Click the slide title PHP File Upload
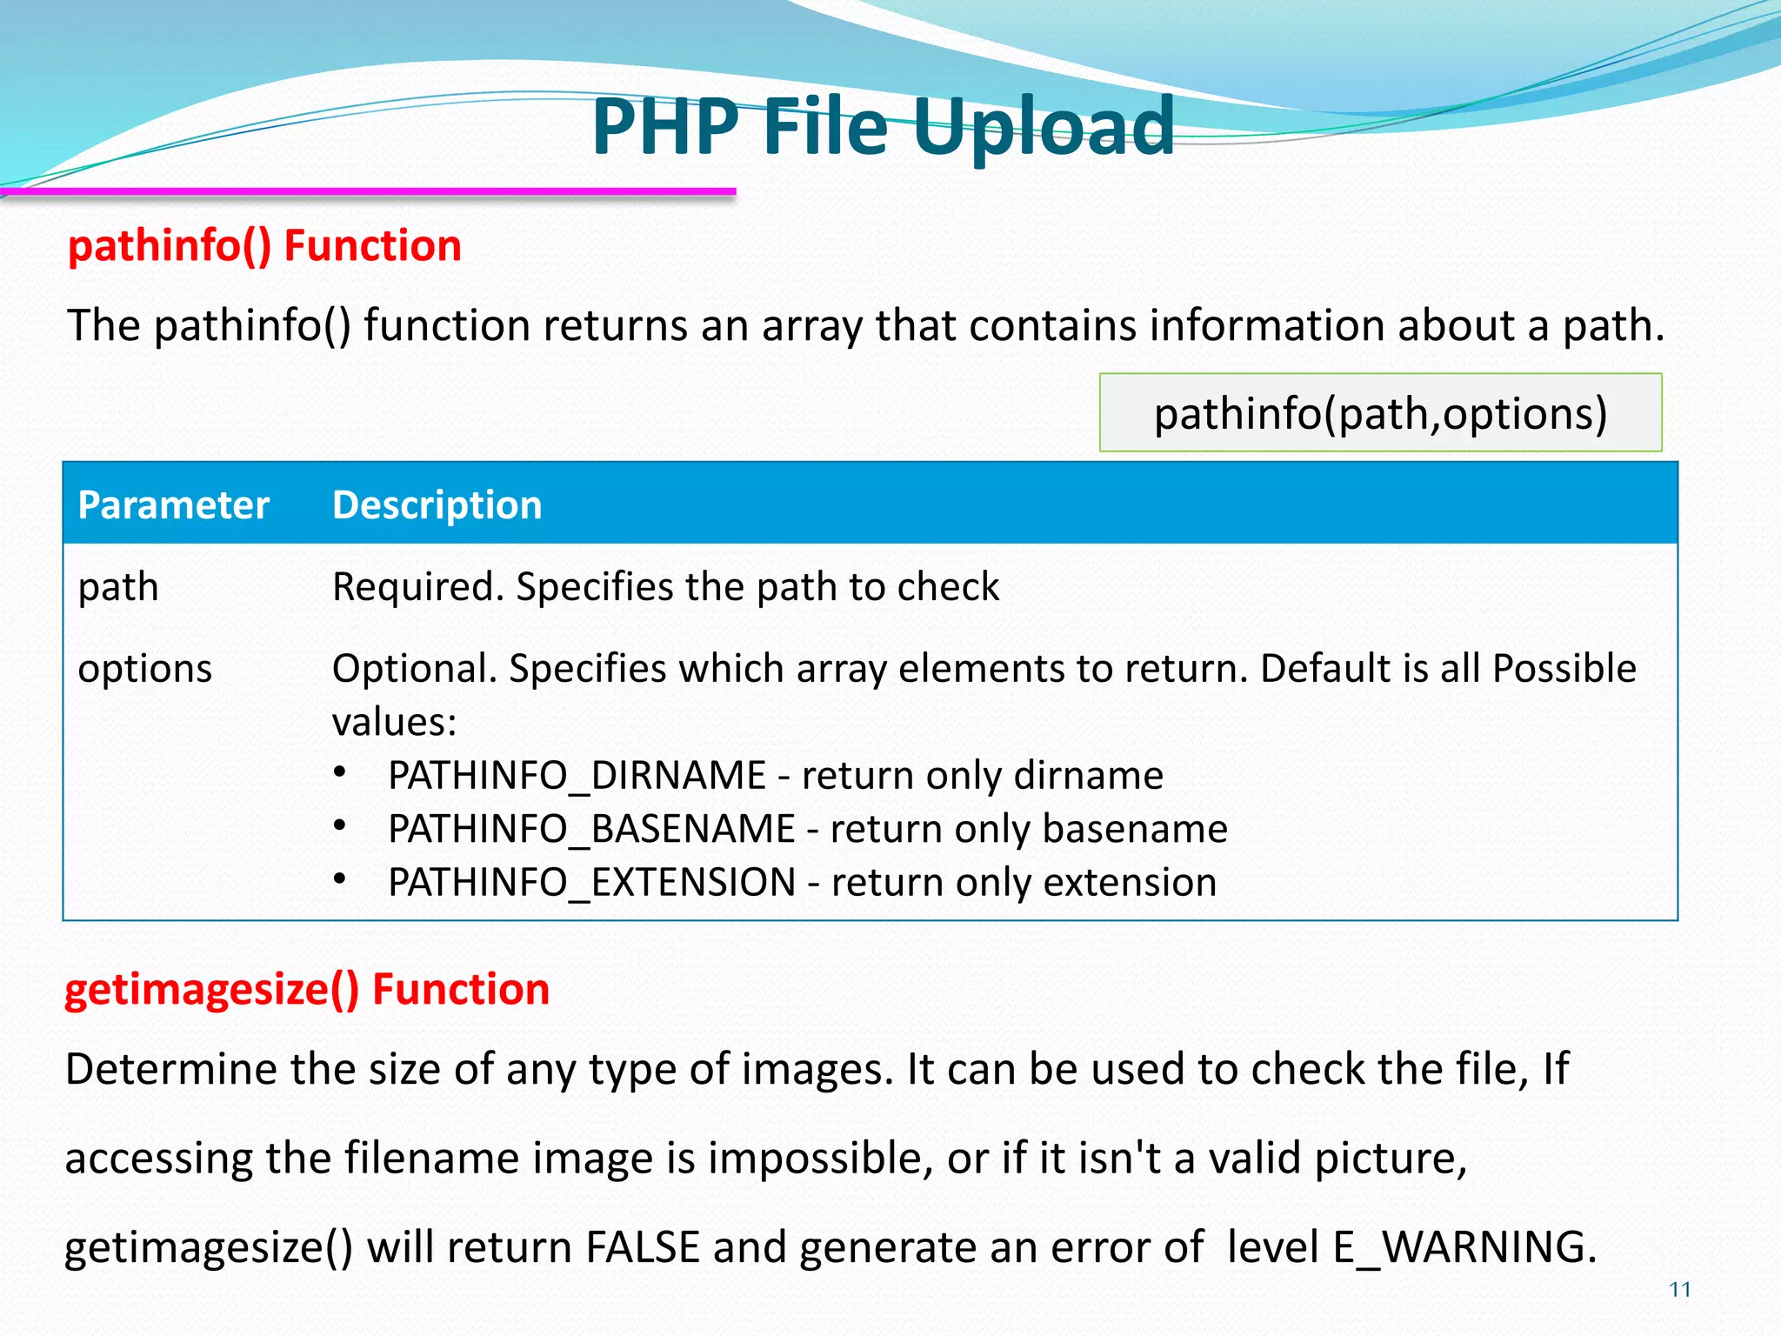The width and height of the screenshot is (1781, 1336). pos(883,127)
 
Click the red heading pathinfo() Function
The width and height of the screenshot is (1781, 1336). pos(264,245)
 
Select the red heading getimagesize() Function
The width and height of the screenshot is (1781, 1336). pos(307,989)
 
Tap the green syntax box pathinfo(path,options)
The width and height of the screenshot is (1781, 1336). pos(1380,412)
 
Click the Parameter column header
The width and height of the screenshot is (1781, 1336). pos(173,504)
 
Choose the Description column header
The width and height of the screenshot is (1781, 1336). pos(437,504)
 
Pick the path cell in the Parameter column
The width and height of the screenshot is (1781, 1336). pos(118,587)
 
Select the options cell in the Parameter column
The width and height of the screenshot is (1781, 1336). pos(144,669)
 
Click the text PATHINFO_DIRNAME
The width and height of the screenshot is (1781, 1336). pos(577,775)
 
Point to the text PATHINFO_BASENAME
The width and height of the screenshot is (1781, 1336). pos(591,829)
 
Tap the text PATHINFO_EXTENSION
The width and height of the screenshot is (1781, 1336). pos(591,883)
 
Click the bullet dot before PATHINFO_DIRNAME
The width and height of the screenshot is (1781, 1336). pos(340,772)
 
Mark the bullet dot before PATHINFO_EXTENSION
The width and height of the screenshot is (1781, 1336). pos(340,879)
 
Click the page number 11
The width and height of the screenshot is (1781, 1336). pos(1680,1289)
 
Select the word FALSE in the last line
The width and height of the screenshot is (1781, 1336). pos(642,1246)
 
